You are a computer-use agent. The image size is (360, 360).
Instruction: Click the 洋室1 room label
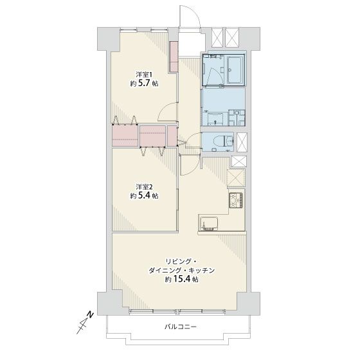(x=144, y=75)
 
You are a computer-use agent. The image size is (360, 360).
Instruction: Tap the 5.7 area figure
(x=145, y=83)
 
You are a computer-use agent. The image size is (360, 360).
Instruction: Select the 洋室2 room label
(x=144, y=186)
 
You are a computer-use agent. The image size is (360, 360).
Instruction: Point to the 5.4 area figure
(x=145, y=195)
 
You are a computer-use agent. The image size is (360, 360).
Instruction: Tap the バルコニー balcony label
(x=181, y=327)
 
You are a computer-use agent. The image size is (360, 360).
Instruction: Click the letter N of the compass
(x=91, y=314)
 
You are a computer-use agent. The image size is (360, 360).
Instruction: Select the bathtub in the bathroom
(x=235, y=70)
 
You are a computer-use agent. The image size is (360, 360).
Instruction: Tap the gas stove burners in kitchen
(x=235, y=200)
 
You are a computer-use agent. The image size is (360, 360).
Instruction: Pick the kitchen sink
(x=209, y=224)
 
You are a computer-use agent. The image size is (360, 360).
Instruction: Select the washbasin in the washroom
(x=215, y=119)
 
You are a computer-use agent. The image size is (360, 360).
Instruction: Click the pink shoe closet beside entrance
(x=174, y=57)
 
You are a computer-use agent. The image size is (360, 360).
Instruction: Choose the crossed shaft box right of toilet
(x=242, y=142)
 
